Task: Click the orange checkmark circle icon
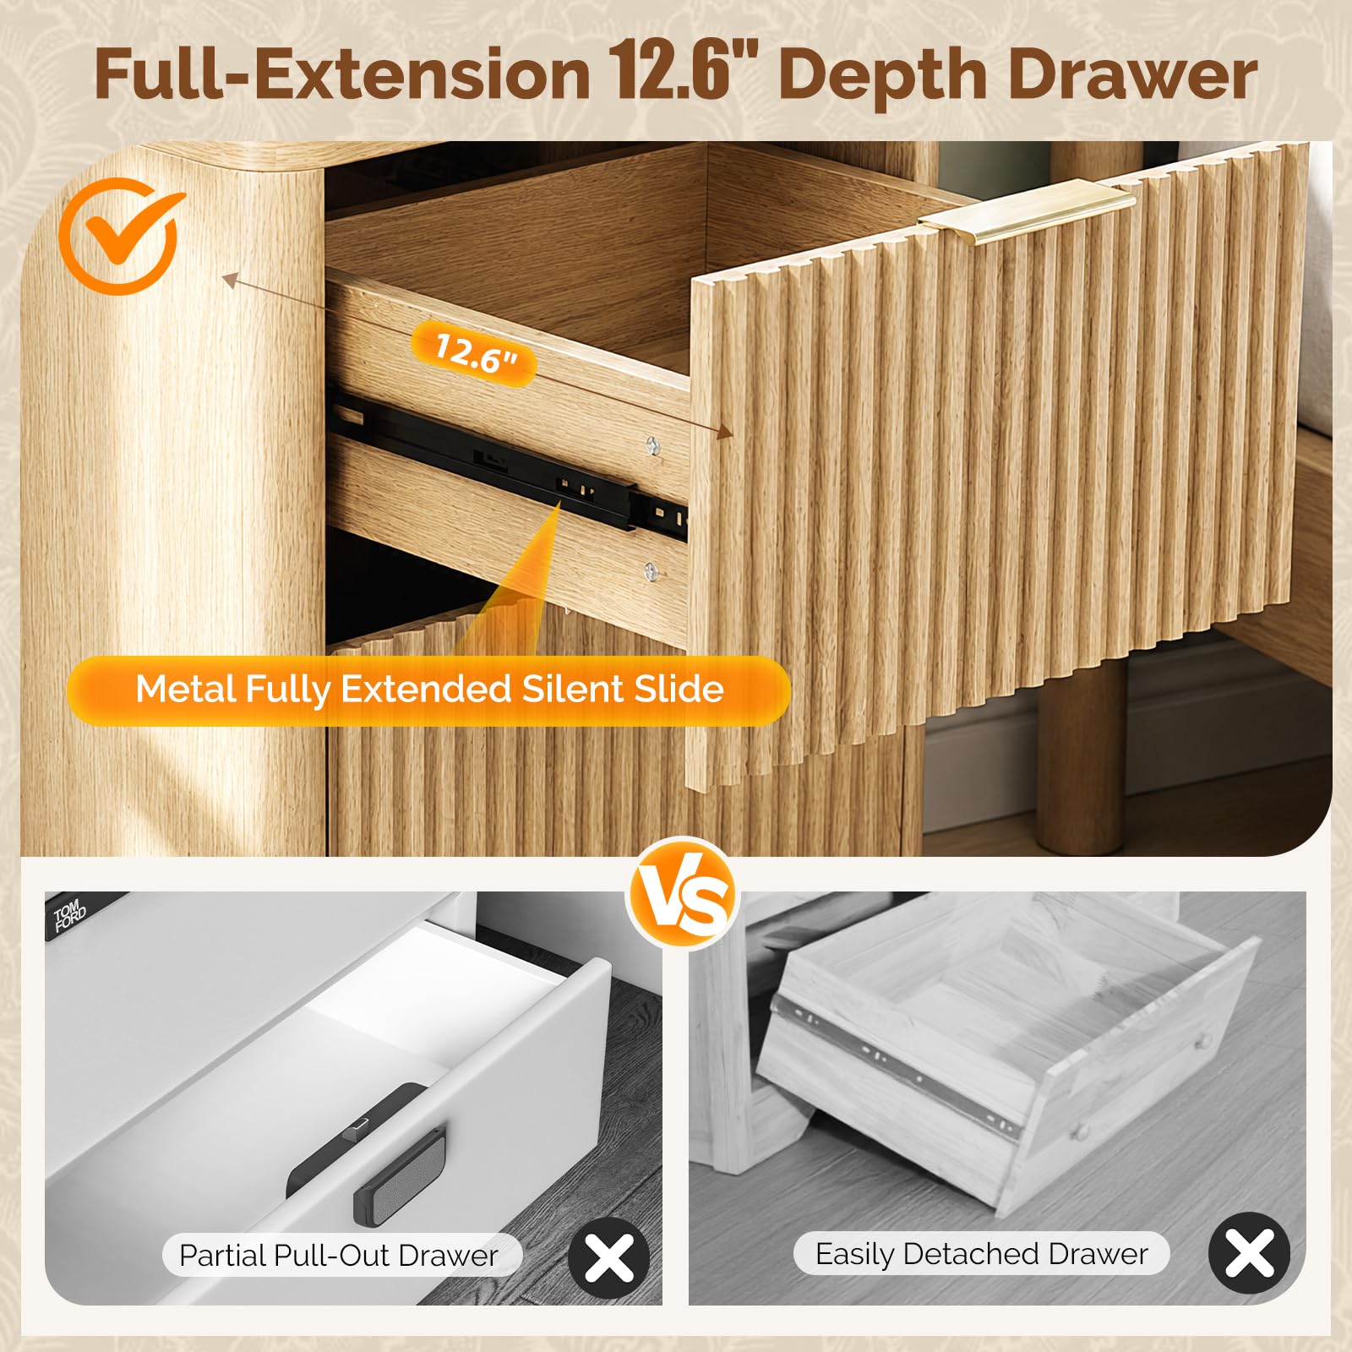(118, 236)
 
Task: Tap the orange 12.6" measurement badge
(474, 353)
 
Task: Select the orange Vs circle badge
(683, 894)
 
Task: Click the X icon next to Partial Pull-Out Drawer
(609, 1257)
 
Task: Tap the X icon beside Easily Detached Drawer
(1249, 1252)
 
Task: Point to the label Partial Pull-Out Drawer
(339, 1256)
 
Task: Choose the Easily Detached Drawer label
(982, 1254)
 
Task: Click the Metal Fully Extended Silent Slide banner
(429, 690)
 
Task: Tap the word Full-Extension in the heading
(342, 74)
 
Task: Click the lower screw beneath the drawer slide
(650, 571)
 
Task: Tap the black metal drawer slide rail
(507, 469)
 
